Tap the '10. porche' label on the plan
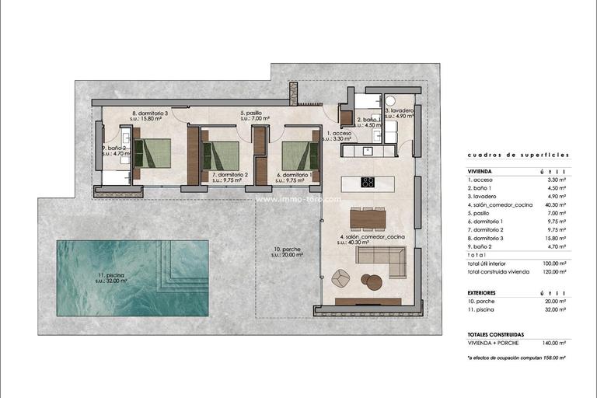pyautogui.click(x=288, y=251)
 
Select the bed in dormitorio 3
pyautogui.click(x=156, y=153)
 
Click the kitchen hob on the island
pyautogui.click(x=367, y=183)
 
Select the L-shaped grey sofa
pyautogui.click(x=389, y=262)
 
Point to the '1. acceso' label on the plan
pyautogui.click(x=340, y=134)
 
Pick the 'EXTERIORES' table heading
pyautogui.click(x=482, y=292)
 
